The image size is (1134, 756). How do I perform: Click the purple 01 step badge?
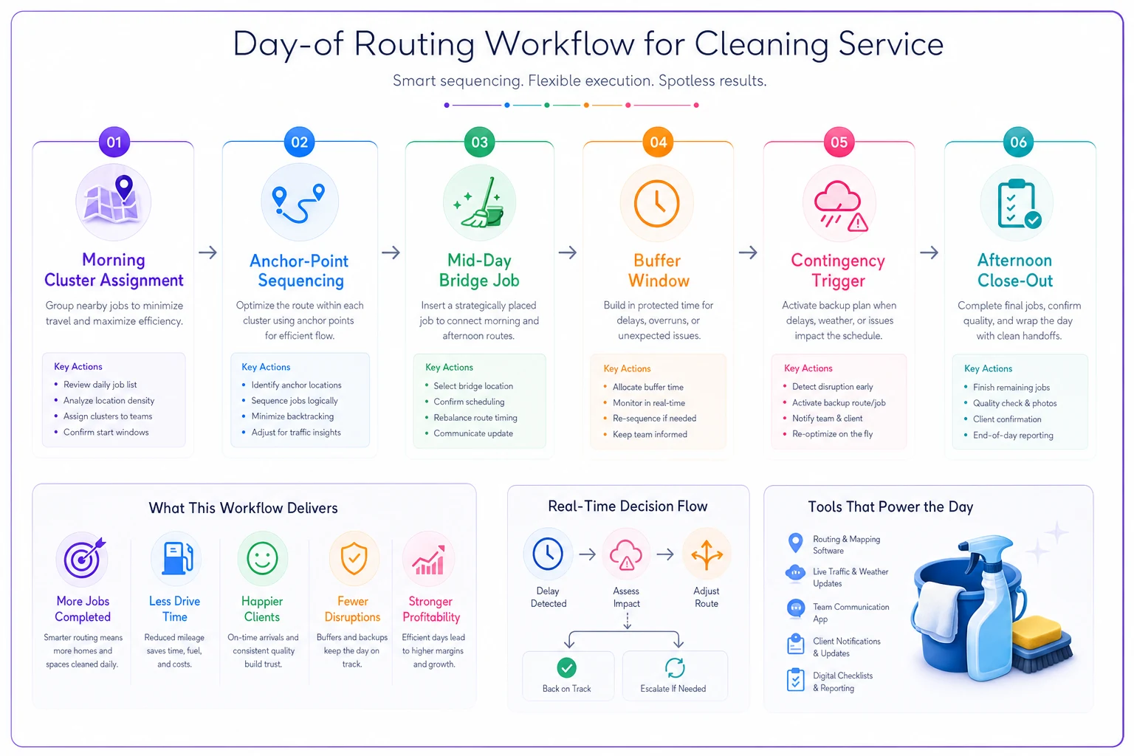114,142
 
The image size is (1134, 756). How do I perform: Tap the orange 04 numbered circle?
658,142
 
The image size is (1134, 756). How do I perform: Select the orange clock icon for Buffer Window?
656,203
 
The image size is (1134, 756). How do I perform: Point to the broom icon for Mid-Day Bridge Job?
479,202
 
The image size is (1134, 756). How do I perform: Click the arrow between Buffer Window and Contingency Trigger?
748,252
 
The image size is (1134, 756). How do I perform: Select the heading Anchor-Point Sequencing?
300,270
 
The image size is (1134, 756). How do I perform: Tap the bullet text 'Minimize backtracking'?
292,416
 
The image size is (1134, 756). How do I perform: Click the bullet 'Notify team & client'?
827,419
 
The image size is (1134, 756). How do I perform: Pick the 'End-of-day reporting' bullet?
1013,435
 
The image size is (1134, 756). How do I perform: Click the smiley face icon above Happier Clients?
262,559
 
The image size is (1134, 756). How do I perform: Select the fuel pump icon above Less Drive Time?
176,559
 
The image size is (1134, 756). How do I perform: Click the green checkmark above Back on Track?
566,668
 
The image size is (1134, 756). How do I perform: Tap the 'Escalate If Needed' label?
673,689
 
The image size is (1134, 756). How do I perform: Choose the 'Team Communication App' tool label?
850,613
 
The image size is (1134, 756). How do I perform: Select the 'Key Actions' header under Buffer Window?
627,368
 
